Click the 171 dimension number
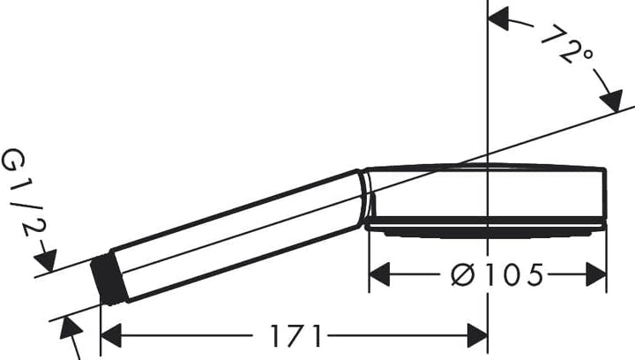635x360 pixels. click(296, 335)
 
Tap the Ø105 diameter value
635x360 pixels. click(497, 274)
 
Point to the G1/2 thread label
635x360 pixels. click(24, 192)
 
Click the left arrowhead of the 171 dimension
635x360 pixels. click(111, 335)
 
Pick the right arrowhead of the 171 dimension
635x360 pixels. click(477, 335)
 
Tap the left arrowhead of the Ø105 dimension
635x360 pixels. click(379, 274)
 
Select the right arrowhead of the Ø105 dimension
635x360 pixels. click(596, 274)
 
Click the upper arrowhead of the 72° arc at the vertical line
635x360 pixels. click(499, 20)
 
